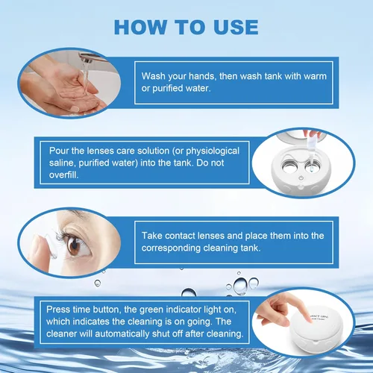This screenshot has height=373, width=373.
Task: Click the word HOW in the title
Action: (x=140, y=27)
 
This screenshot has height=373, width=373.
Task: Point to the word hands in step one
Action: (x=202, y=76)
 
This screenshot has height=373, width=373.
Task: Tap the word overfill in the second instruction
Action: (x=63, y=175)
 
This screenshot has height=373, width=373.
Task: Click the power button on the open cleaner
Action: (x=301, y=178)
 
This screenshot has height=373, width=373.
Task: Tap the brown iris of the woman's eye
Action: (x=74, y=247)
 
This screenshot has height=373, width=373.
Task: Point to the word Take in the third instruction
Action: (x=151, y=236)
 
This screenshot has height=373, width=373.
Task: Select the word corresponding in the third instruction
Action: (x=171, y=248)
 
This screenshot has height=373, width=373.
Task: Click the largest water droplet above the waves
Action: (x=240, y=286)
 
